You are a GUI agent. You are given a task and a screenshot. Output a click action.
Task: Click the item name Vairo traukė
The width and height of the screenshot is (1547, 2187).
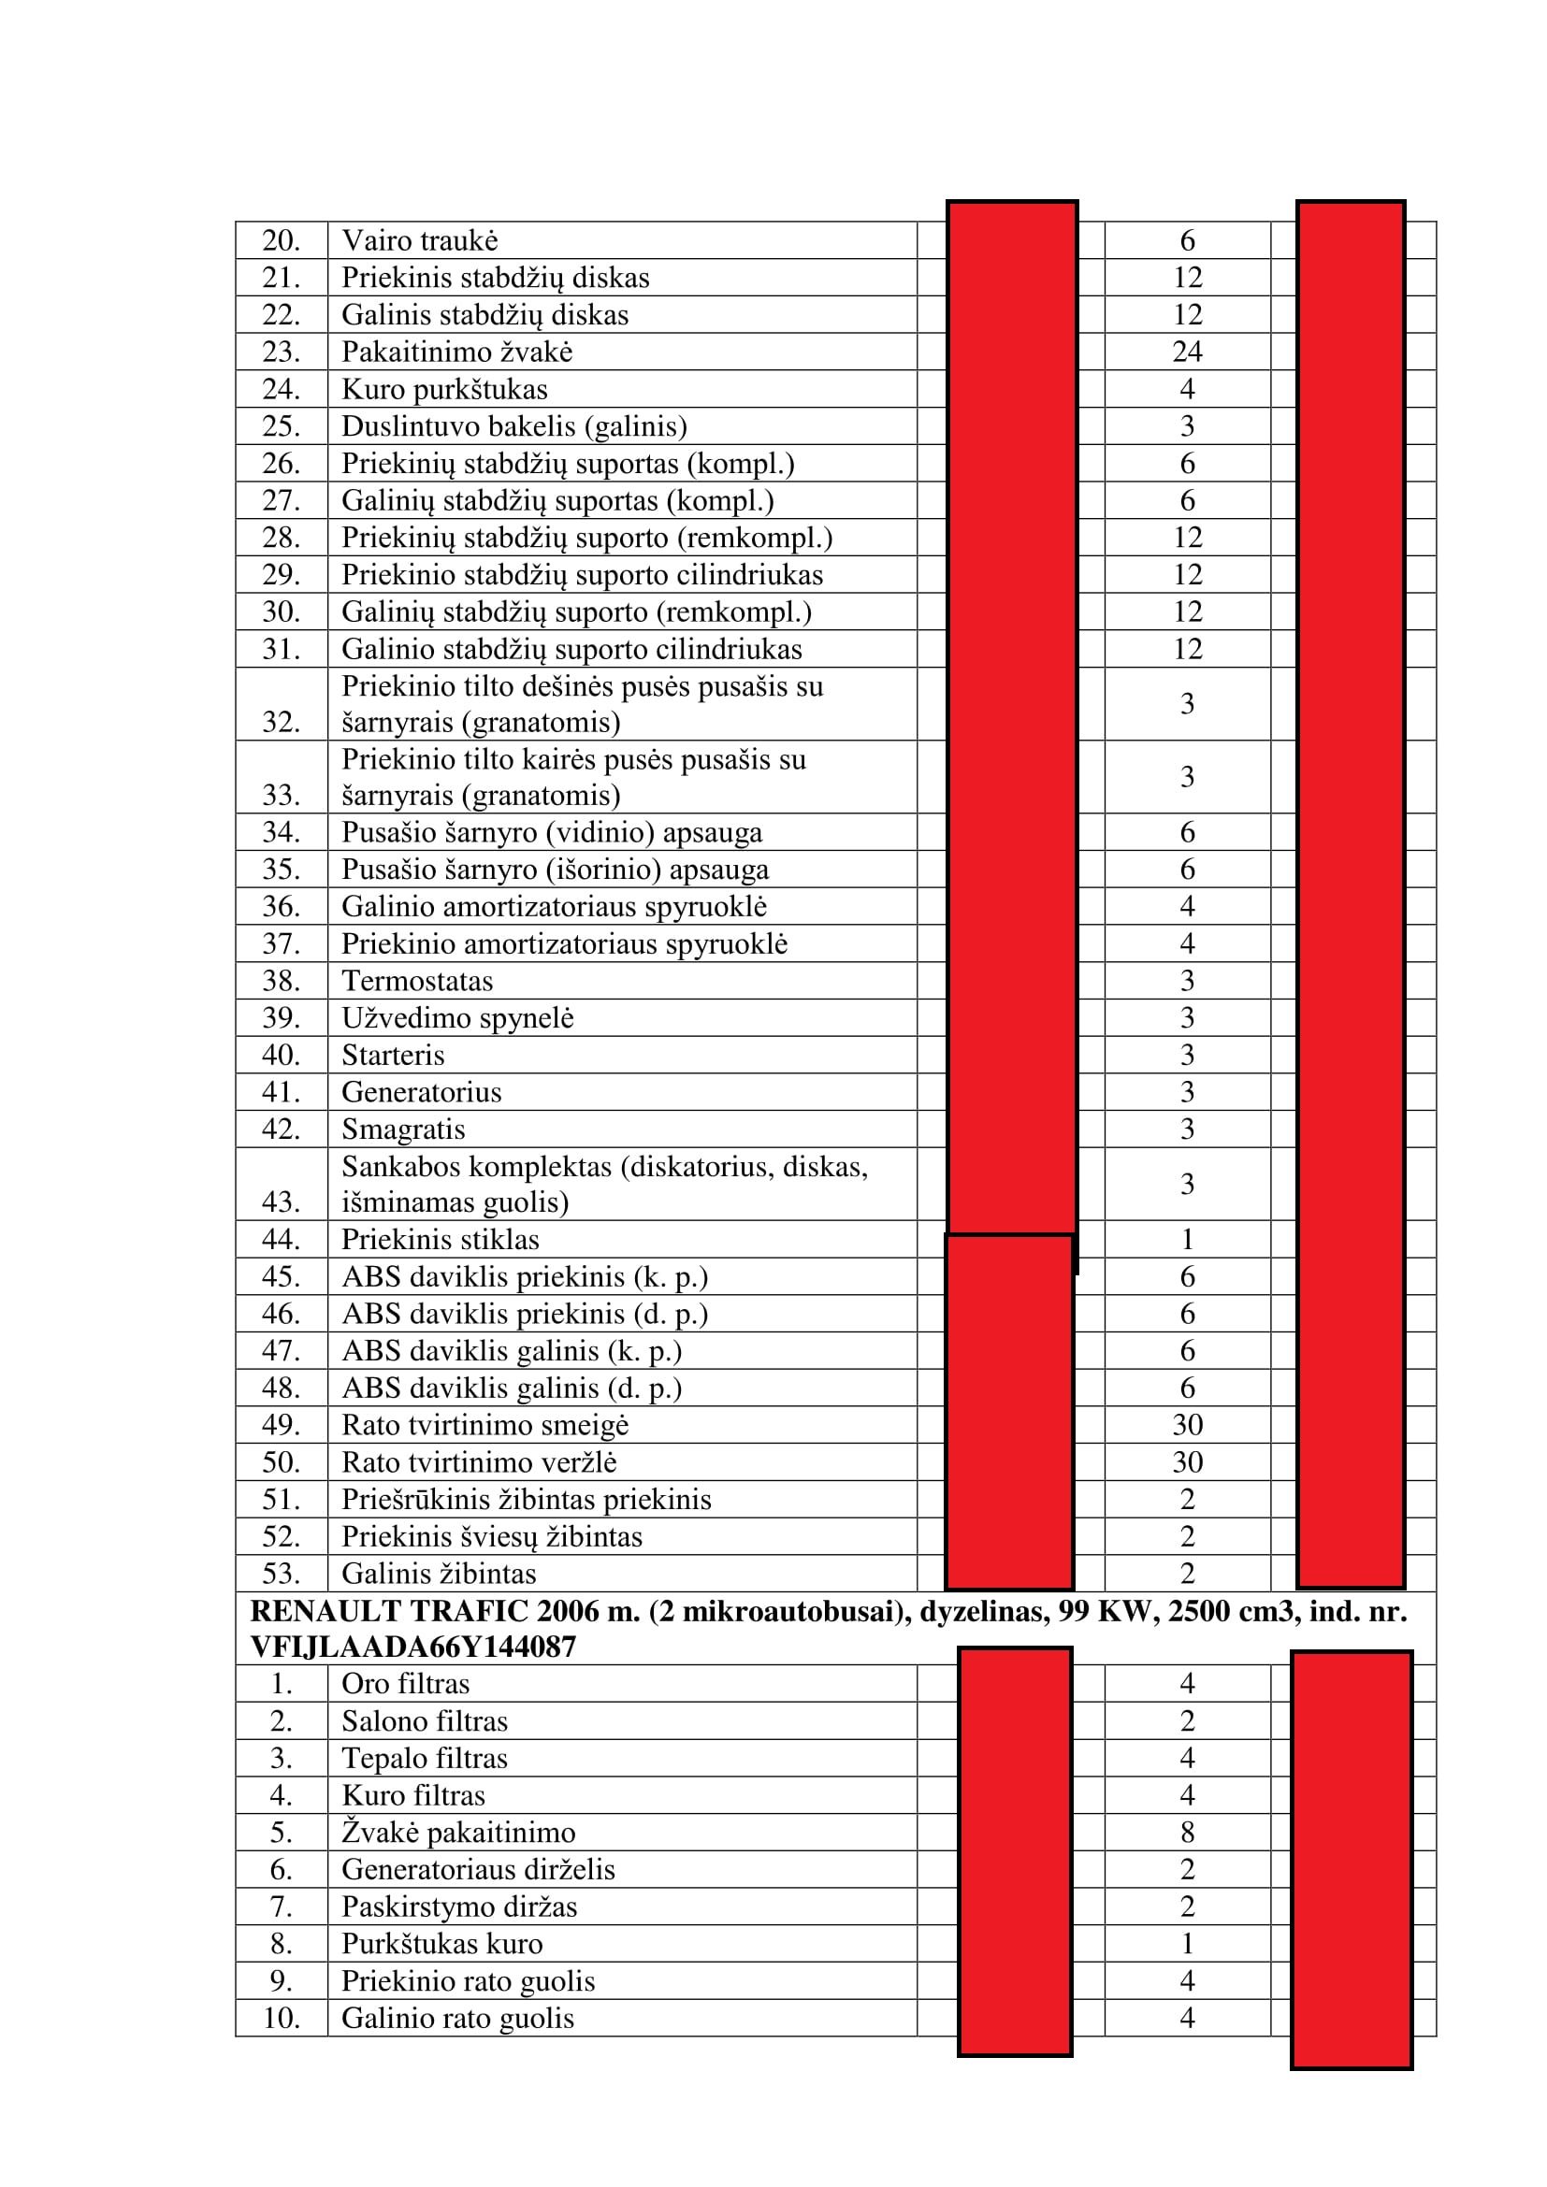click(419, 241)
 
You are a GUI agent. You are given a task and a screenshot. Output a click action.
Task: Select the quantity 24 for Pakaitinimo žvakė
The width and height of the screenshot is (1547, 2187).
click(1187, 352)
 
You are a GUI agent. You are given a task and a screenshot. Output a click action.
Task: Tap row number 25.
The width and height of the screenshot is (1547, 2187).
click(281, 425)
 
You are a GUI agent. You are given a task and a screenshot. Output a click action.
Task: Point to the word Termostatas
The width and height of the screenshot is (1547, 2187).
click(417, 981)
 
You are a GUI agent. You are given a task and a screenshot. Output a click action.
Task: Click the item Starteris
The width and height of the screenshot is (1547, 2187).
click(394, 1056)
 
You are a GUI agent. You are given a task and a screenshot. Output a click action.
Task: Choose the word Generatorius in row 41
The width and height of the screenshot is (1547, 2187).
click(421, 1092)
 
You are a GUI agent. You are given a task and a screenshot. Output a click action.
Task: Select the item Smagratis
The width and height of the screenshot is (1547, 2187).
click(403, 1129)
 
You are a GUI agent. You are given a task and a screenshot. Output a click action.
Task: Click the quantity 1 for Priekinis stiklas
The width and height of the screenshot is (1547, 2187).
click(1187, 1239)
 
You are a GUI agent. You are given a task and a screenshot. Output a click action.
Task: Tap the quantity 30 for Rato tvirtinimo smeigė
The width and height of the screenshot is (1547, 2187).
click(1187, 1425)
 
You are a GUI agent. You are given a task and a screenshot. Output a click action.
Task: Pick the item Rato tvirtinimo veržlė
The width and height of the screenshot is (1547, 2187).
click(479, 1462)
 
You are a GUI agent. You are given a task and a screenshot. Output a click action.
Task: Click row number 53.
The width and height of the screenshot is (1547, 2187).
click(281, 1574)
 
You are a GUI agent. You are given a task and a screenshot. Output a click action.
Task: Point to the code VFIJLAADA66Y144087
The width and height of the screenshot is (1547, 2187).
click(412, 1647)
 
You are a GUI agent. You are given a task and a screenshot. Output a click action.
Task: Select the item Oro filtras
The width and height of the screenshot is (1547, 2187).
click(406, 1684)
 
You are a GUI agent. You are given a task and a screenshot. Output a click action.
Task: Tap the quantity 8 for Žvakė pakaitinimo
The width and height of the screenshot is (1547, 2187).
click(1187, 1832)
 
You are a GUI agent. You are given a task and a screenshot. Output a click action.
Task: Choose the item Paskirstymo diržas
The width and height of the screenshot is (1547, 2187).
click(459, 1906)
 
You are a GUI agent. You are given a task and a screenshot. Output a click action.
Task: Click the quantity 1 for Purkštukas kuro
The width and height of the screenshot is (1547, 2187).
click(1187, 1943)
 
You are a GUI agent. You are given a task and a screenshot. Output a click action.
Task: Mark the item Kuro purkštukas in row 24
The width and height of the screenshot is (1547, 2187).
click(444, 390)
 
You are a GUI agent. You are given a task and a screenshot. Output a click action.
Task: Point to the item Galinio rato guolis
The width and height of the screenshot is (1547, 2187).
click(457, 2018)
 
